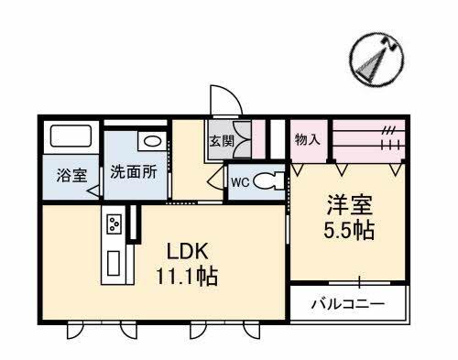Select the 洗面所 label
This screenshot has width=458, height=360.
(x=134, y=171)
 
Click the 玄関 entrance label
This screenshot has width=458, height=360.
(x=221, y=142)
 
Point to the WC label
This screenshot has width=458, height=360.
(x=240, y=181)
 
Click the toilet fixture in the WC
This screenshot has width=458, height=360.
(x=267, y=181)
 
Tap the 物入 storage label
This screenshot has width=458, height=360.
(x=307, y=140)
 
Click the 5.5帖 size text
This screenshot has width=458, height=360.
(x=349, y=229)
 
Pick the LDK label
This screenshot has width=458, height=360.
(x=187, y=250)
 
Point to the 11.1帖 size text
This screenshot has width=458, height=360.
(x=187, y=275)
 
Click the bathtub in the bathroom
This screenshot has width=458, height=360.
(x=72, y=138)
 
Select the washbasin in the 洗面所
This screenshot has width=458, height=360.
(x=151, y=142)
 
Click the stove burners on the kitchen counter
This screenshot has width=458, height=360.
(x=114, y=224)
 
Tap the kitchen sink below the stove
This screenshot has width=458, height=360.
(x=114, y=262)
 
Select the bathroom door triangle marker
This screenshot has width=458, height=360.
(x=94, y=191)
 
